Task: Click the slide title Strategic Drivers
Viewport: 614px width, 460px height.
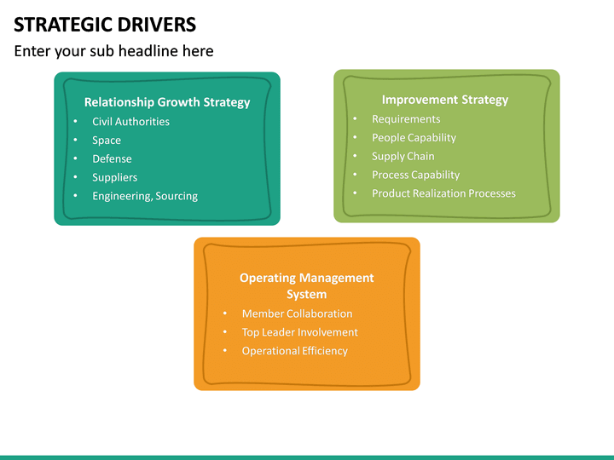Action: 105,24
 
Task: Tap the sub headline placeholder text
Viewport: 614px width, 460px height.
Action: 113,51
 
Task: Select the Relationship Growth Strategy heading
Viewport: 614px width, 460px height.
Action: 167,102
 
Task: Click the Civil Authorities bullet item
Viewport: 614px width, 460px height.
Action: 130,122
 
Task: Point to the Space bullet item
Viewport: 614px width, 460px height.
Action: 107,141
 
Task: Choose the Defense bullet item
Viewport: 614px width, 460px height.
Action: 112,159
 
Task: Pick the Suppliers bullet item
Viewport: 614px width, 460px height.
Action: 114,178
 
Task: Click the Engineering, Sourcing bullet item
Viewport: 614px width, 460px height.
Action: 145,196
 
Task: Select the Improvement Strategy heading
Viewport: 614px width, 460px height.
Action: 444,100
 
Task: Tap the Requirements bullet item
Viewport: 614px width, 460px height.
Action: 406,119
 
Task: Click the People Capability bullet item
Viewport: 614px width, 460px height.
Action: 414,138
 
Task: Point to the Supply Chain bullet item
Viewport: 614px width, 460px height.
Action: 403,157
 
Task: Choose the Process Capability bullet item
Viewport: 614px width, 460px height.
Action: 415,175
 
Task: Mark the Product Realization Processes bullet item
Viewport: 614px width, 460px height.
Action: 443,193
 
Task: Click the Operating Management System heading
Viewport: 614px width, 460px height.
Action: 306,286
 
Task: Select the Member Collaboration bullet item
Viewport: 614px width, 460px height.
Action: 297,313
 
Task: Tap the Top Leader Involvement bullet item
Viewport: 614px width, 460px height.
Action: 299,332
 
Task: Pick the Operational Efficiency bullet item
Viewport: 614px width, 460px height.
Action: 294,351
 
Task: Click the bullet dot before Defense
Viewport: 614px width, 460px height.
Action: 75,159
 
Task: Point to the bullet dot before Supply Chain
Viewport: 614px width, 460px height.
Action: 355,157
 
